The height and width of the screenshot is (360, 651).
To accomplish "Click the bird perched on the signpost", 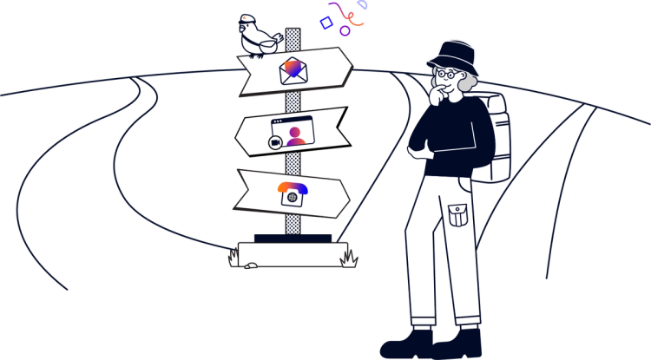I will click(259, 37).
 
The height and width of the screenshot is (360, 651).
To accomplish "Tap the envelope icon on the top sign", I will click(293, 70).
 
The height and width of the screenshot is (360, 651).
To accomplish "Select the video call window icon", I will click(291, 133).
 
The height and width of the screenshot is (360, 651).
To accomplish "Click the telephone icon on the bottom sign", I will click(293, 193).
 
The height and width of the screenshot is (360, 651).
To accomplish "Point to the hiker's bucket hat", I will click(453, 55).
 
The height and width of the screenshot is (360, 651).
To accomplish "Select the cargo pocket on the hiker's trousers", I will click(458, 212).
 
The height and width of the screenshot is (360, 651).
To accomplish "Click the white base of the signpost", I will click(291, 253).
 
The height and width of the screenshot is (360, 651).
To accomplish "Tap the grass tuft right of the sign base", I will click(349, 257).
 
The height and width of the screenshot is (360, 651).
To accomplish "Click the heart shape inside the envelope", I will click(294, 67).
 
